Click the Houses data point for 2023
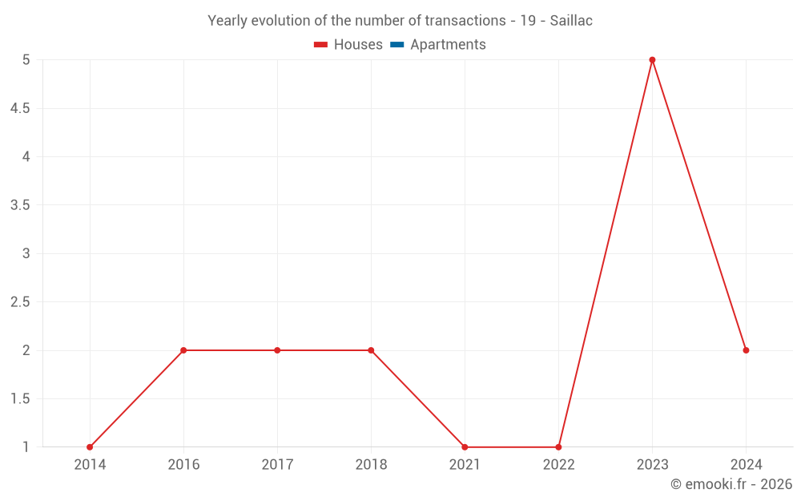(652, 60)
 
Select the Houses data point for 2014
(90, 447)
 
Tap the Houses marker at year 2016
(183, 350)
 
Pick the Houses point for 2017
(277, 350)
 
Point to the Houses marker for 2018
(371, 350)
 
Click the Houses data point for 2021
(465, 447)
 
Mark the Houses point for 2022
(558, 447)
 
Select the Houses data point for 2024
(746, 350)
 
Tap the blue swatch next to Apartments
(396, 45)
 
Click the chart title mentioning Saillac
(400, 21)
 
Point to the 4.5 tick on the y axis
(20, 108)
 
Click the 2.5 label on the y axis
(20, 302)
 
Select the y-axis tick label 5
(26, 60)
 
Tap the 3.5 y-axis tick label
(20, 205)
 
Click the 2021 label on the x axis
(465, 465)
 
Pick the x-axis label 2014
(90, 465)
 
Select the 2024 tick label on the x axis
(746, 465)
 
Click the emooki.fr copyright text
(731, 484)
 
